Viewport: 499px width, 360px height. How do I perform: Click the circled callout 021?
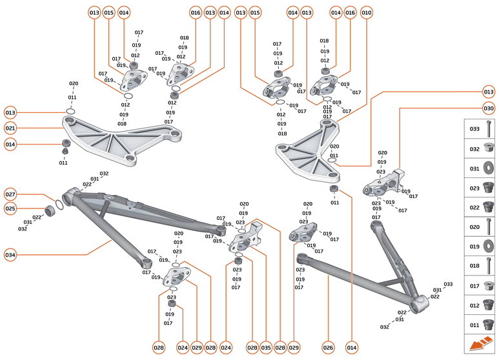coord(10,128)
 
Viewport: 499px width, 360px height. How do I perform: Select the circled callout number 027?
coord(10,194)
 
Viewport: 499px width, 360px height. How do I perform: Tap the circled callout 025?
coord(10,209)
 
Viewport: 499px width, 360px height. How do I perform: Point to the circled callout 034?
coord(10,255)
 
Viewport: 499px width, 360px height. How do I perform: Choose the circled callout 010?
coord(367,13)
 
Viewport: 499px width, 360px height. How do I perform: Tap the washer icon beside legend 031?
coord(489,169)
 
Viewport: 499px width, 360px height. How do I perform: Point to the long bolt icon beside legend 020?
coord(489,227)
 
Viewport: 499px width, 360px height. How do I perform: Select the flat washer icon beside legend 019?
coord(489,246)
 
